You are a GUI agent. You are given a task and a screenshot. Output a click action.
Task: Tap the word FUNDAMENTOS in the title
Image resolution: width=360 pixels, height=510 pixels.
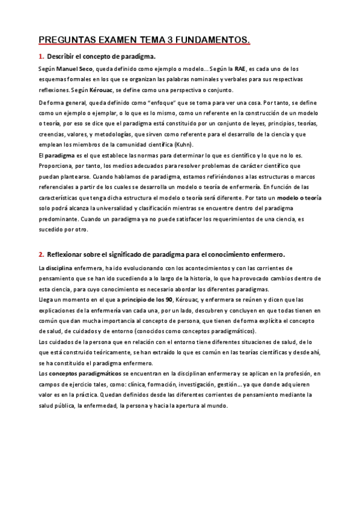pos(213,40)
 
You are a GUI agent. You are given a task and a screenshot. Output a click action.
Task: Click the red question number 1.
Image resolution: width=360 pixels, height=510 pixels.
pos(41,57)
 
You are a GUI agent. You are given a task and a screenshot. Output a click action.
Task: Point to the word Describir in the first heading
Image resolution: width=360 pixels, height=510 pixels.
pos(61,57)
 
